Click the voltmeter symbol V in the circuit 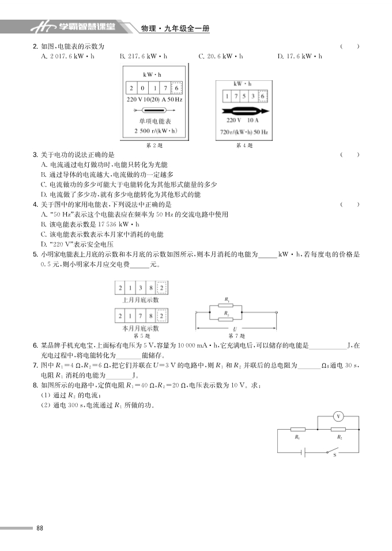pos(339,416)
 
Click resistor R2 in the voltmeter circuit pos(338,429)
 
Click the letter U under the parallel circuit pos(235,327)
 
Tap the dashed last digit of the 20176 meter pos(177,88)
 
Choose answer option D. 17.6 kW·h pos(299,56)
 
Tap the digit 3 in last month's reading pos(142,288)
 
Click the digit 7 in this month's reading pos(142,316)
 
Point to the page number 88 pos(40,528)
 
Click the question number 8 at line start pos(35,385)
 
